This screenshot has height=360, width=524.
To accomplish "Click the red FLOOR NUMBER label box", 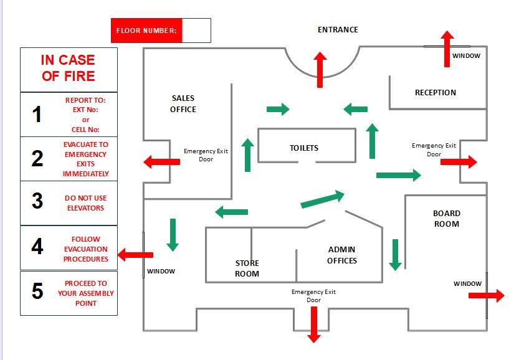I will [x=146, y=31].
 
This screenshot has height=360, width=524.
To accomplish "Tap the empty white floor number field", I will [x=196, y=31].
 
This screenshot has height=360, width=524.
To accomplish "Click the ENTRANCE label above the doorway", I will [x=338, y=30].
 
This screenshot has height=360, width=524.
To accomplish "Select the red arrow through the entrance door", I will [x=320, y=69].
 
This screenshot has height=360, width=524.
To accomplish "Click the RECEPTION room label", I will [x=436, y=93].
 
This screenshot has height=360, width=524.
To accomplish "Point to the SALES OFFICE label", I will [x=183, y=104].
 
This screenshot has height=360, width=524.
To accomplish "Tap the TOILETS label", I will [x=304, y=148].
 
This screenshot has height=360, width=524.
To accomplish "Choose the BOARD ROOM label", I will [x=446, y=219].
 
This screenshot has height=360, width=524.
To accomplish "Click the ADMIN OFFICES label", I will [x=342, y=255].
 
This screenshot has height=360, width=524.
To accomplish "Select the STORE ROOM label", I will [x=247, y=268].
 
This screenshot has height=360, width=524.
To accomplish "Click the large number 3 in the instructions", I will [x=37, y=202].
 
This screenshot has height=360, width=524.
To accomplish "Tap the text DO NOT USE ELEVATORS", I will [x=86, y=203].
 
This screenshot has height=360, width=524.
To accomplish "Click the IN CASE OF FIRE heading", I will [x=68, y=69].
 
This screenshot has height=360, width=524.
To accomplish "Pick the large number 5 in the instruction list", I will [x=37, y=291].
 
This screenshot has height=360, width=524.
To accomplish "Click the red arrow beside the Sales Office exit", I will [x=161, y=162].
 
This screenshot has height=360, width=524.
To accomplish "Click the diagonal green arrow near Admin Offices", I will [x=322, y=199].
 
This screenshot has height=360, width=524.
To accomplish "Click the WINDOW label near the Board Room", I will [x=467, y=284].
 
